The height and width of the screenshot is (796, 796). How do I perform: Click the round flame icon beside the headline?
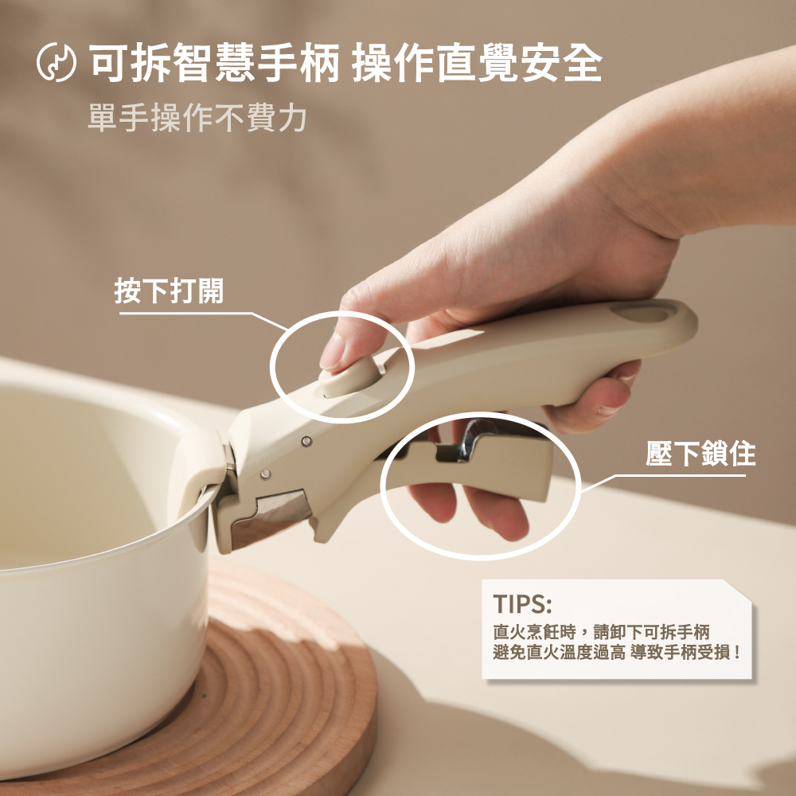point(57,62)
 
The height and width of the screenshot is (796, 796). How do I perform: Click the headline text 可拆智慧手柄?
point(213,63)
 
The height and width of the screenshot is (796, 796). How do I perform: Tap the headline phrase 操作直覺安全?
point(477,63)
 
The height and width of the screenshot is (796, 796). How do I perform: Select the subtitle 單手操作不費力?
point(197,118)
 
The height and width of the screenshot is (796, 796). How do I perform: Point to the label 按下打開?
point(169,291)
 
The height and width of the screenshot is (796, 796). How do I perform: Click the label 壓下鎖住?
point(700,454)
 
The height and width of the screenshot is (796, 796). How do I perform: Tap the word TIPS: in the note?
point(522,604)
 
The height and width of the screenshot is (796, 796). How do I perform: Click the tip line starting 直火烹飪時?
point(601,632)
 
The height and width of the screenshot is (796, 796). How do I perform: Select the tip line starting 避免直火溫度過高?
point(616,653)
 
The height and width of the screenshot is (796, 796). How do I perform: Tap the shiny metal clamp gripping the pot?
point(271,517)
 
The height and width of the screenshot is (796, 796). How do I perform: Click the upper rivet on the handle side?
point(306,441)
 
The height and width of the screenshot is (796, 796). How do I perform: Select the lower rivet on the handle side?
point(265,474)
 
